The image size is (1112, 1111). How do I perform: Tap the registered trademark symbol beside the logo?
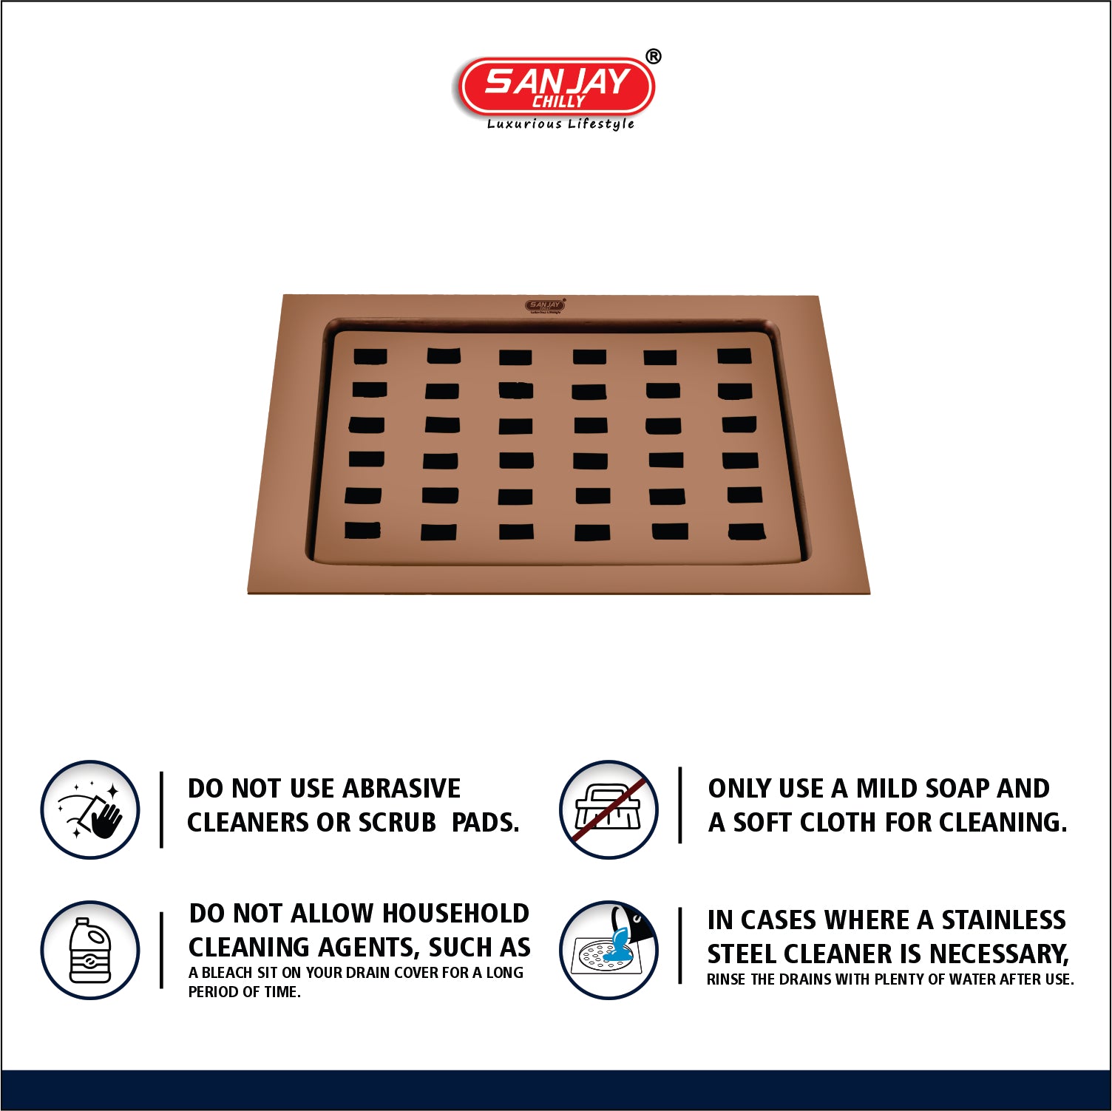click(654, 56)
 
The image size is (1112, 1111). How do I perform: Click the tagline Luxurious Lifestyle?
click(560, 124)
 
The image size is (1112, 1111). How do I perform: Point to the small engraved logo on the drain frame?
click(546, 306)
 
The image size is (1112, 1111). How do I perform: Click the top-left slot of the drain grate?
click(370, 356)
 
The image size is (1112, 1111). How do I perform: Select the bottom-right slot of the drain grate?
click(746, 531)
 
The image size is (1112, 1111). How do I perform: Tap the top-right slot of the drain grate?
click(734, 356)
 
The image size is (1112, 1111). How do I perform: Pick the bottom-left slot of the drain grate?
click(363, 530)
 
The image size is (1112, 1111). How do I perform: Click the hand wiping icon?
click(90, 809)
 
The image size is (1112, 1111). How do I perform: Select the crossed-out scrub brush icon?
click(609, 809)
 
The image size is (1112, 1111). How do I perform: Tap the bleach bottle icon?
click(90, 950)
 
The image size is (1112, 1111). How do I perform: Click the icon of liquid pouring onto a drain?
click(609, 950)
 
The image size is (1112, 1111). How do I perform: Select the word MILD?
click(887, 789)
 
